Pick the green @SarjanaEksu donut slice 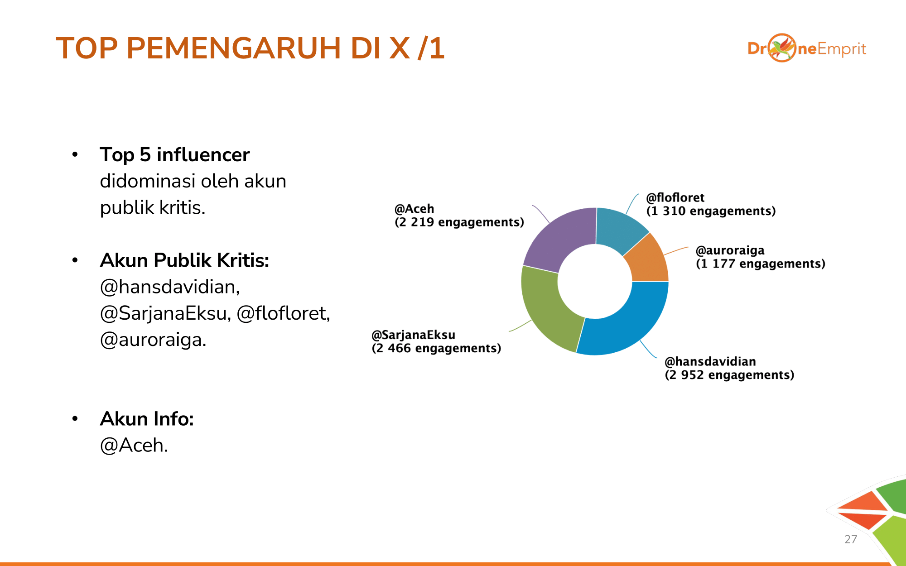[546, 308]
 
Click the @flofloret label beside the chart [675, 197]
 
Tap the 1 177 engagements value [761, 264]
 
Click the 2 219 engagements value [459, 222]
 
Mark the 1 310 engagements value [711, 211]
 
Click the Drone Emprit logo [807, 48]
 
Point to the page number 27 [851, 539]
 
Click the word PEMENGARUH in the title [234, 48]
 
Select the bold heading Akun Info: [147, 419]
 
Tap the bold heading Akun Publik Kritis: [184, 260]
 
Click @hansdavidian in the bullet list [170, 287]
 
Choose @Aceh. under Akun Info [134, 446]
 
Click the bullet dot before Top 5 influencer [75, 155]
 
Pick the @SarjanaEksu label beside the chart [414, 335]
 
